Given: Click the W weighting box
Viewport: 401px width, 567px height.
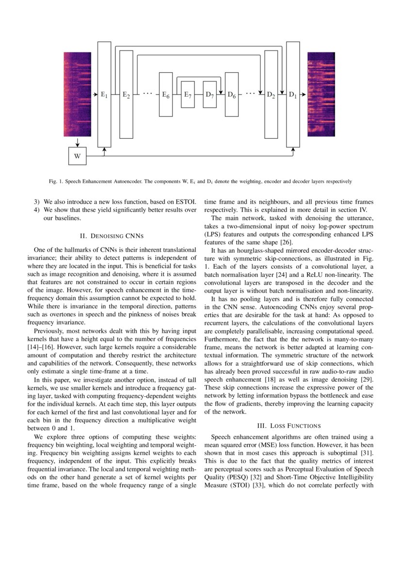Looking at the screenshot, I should pos(77,156).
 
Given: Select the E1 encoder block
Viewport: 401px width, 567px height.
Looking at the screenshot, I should pos(104,95).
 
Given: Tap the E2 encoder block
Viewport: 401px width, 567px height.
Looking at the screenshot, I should pos(126,95).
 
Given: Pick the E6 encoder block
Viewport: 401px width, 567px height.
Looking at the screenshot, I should pos(166,95).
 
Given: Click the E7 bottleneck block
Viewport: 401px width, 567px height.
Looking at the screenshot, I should pos(188,95).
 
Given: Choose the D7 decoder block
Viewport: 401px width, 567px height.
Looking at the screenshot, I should pos(209,95).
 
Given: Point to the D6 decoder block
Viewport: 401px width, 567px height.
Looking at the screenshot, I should pos(232,95).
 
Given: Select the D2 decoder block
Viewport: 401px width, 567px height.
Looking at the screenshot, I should pos(271,95).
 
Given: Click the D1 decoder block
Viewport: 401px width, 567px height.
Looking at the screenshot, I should pos(293,95).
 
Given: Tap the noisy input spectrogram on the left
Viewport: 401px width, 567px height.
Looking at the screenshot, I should pos(77,95).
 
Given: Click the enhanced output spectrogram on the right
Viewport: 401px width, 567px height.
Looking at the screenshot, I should pos(321,95).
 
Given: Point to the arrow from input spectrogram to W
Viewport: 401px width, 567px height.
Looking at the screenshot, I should pos(77,142).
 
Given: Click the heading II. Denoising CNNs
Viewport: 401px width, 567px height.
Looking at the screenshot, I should pos(112,236).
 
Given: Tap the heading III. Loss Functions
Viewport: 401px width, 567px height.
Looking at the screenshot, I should pos(289,426).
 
